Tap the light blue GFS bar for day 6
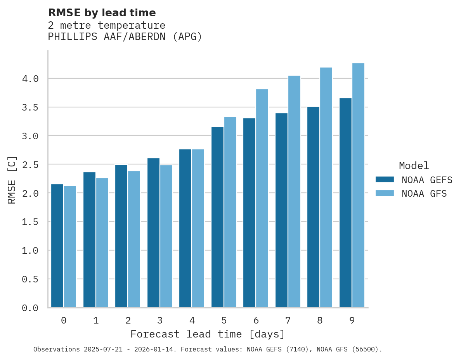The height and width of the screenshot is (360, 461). tap(262, 198)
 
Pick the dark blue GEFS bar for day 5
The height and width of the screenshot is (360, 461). tap(217, 217)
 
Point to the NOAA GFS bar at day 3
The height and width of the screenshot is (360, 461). tap(166, 236)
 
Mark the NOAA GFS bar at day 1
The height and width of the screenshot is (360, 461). tap(102, 243)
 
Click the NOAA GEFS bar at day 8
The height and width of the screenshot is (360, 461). tap(313, 207)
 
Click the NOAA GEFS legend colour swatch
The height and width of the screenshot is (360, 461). tap(385, 180)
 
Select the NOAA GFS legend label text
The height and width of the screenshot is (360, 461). tap(424, 194)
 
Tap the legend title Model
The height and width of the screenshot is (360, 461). tap(414, 166)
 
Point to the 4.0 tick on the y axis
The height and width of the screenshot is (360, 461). tap(30, 79)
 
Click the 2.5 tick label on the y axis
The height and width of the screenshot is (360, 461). tap(30, 164)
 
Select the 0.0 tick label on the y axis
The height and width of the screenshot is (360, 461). tap(30, 308)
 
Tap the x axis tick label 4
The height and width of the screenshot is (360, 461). tap(192, 320)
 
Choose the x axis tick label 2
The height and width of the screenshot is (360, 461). tap(128, 320)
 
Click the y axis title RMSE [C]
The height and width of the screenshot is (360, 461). tap(12, 180)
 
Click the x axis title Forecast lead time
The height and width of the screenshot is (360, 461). tap(208, 334)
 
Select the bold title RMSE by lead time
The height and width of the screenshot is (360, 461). tap(102, 13)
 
